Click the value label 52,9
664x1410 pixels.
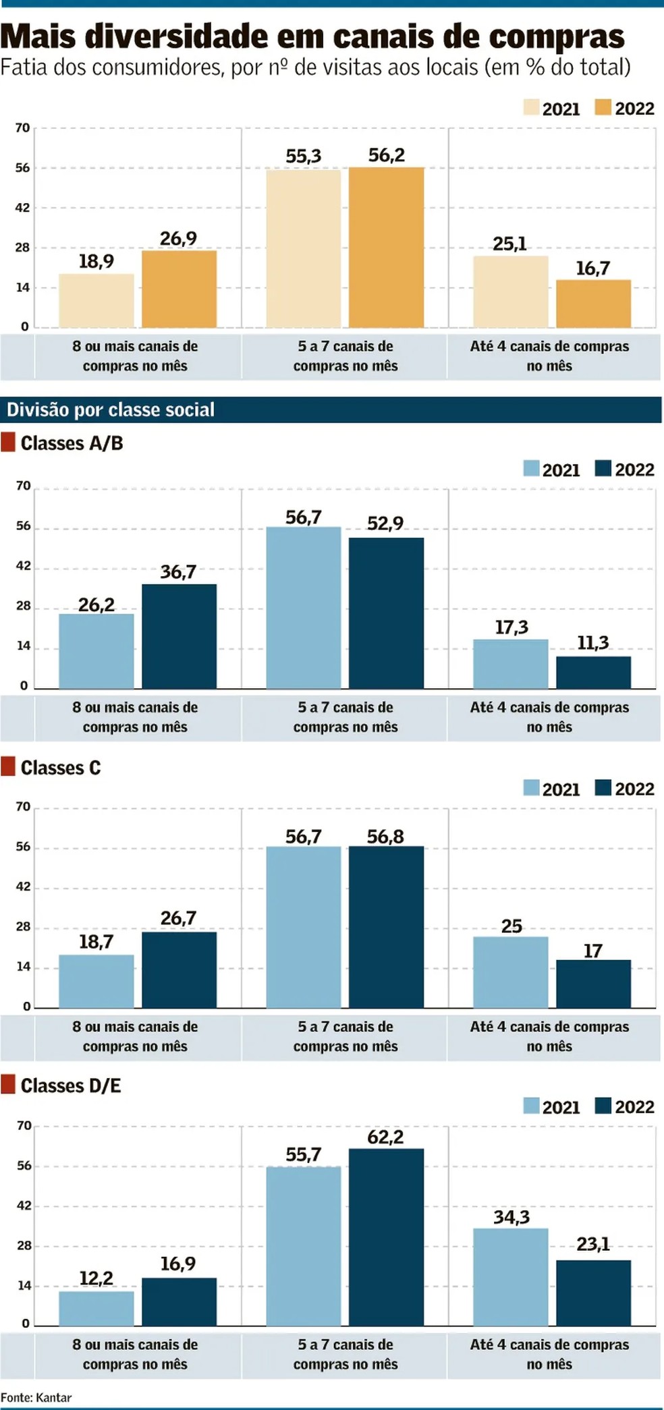pos(385,524)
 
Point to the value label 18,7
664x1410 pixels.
pos(96,942)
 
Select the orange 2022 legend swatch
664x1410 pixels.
pos(603,108)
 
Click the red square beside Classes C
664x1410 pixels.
pos(8,766)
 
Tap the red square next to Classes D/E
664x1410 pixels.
pos(8,1085)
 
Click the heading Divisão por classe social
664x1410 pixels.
pos(111,410)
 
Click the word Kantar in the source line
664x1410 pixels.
pos(53,1397)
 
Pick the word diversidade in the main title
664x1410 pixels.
pos(180,37)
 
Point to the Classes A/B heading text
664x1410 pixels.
pos(72,443)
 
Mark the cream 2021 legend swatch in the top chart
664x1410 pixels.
pos(530,108)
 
